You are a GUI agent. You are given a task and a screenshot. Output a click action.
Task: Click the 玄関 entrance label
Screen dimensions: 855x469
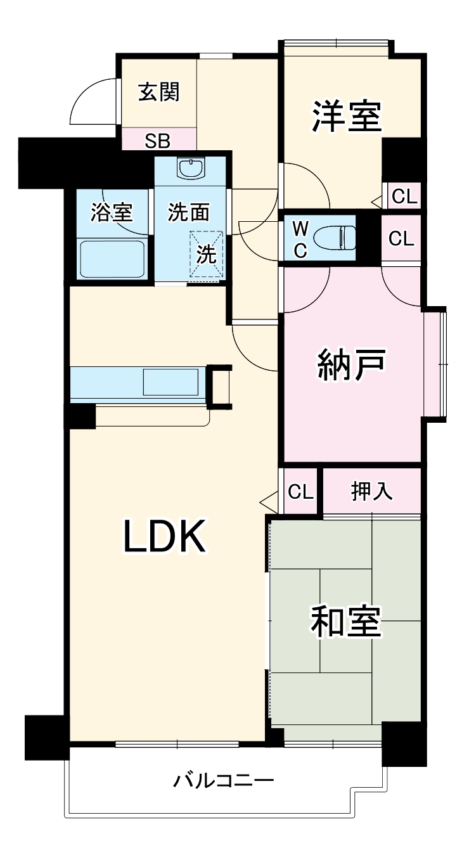[158, 93]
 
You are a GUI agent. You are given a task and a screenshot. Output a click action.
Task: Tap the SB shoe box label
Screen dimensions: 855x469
[157, 140]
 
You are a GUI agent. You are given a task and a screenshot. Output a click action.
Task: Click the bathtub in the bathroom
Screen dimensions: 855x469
[113, 258]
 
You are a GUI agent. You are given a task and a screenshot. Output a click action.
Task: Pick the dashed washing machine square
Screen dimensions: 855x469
[207, 254]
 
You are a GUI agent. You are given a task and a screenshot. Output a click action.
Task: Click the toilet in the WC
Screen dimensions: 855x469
[336, 238]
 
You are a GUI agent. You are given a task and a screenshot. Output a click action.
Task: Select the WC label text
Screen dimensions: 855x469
[300, 239]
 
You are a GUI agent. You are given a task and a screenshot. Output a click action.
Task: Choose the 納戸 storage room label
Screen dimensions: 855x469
[351, 366]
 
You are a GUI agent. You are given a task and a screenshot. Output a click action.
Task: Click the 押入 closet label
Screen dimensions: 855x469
[372, 492]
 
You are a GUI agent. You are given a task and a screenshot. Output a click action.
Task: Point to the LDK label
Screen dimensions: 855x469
[164, 536]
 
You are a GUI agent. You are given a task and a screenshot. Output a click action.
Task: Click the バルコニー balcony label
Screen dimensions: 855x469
[224, 780]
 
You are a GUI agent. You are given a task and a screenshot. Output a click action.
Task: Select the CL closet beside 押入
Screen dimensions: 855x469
[300, 492]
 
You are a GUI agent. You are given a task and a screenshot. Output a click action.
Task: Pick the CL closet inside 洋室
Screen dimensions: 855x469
[404, 197]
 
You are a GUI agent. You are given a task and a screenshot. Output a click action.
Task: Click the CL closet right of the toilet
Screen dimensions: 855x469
[401, 238]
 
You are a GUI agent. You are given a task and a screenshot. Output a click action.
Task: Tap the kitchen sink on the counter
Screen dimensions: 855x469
[170, 383]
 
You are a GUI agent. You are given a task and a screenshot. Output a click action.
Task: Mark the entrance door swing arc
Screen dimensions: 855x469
[89, 101]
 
